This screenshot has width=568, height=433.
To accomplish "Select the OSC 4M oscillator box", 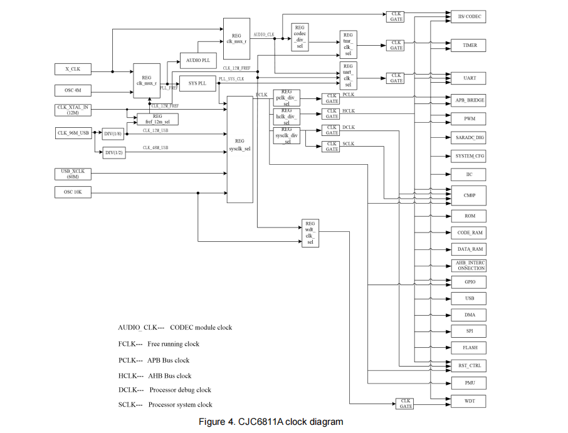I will point(73,91).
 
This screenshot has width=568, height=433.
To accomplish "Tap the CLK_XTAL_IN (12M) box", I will point(73,110).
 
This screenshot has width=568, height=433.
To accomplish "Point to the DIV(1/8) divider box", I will point(113,133).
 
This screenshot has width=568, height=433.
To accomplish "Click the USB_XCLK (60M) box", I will point(73,174).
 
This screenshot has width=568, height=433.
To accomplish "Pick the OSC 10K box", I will point(73,192).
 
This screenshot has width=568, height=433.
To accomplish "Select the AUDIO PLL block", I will point(197,61).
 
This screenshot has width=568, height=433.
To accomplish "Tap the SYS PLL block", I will point(197,83).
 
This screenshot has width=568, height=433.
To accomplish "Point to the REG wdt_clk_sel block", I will point(310,232).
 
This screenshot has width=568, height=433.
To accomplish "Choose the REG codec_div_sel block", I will point(300,37).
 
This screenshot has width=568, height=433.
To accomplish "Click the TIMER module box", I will point(469,46).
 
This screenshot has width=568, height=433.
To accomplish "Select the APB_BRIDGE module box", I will point(469,100).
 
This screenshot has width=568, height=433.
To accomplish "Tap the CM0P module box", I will point(469,196).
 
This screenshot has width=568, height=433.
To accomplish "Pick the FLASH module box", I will point(469,347).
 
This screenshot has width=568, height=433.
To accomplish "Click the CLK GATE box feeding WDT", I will point(406,404).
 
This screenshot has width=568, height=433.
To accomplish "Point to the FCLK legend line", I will point(159,344).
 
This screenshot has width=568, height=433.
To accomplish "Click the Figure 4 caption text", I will point(271,422).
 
